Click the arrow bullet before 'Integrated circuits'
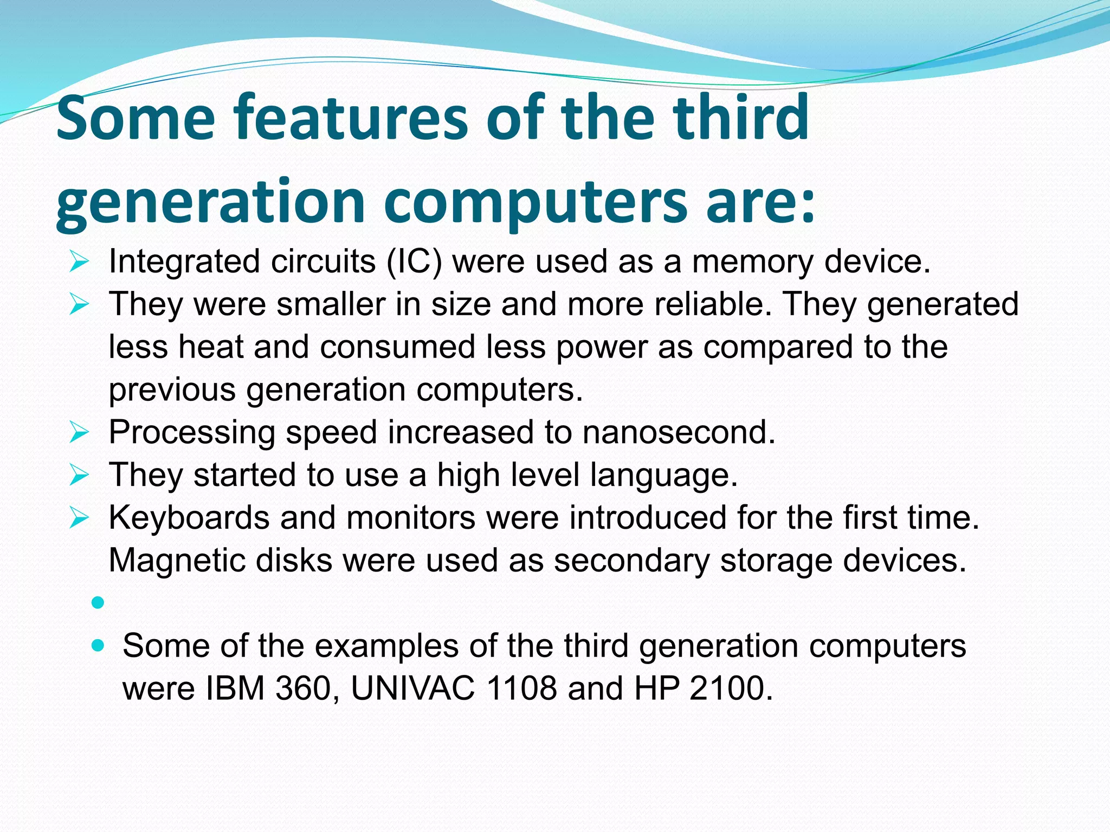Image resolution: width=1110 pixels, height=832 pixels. [x=79, y=262]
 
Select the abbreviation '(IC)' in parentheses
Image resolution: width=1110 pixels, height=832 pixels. [x=414, y=262]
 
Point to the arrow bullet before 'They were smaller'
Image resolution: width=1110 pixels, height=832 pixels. [x=79, y=305]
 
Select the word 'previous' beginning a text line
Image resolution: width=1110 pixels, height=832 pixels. [x=172, y=390]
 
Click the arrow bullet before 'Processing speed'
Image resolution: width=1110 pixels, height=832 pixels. [x=79, y=433]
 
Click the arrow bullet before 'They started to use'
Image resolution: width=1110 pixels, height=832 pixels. [x=79, y=476]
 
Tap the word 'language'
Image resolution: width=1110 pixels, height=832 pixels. [x=663, y=476]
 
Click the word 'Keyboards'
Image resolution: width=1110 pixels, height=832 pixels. [x=189, y=518]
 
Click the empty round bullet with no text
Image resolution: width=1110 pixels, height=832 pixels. [x=98, y=602]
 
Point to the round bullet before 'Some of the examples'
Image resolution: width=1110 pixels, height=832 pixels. [x=98, y=646]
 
